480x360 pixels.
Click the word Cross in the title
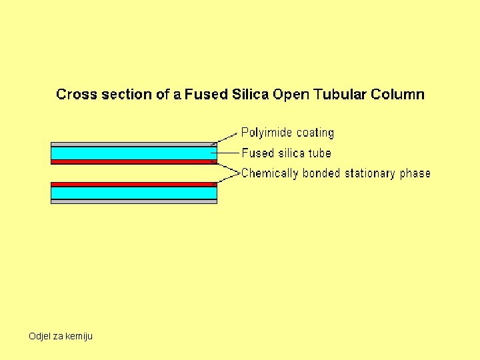coord(76,94)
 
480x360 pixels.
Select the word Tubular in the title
coord(338,94)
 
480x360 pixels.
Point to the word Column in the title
coord(398,94)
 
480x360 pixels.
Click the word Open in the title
coord(289,95)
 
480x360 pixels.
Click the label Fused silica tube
coord(286,153)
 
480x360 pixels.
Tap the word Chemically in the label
coord(270,173)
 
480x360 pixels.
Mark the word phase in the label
coord(415,174)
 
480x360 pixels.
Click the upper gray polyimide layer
coord(133,144)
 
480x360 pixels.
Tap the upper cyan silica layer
coord(133,153)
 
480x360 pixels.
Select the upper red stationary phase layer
coord(133,162)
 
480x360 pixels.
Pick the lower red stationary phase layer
coord(133,184)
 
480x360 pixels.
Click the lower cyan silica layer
coord(133,193)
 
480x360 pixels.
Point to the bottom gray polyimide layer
coord(133,201)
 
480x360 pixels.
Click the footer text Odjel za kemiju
coord(61,336)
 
